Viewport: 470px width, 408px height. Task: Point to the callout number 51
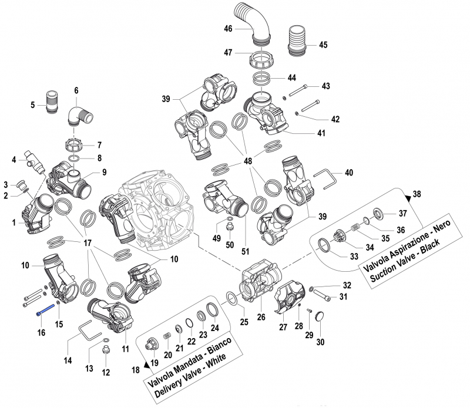point(245,251)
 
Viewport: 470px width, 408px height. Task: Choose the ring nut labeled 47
point(263,60)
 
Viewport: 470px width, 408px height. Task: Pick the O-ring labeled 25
point(233,299)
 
